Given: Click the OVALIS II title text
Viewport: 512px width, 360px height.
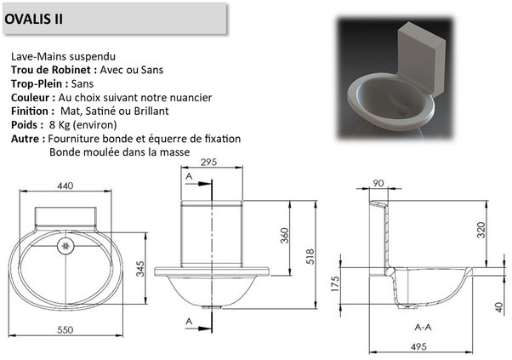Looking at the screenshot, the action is click(x=33, y=19).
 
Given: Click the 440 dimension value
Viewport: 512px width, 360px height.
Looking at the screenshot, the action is click(x=65, y=186).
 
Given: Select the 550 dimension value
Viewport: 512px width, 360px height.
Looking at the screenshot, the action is click(x=65, y=330).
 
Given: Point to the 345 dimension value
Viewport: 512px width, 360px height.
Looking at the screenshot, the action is click(x=140, y=269).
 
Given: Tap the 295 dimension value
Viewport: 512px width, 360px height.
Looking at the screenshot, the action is click(x=209, y=162).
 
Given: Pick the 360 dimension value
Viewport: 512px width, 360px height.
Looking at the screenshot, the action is click(x=285, y=236).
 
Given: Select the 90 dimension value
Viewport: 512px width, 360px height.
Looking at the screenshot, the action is click(x=378, y=183).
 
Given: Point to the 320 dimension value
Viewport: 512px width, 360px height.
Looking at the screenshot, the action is click(x=481, y=230).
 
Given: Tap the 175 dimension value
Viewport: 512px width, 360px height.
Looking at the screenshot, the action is click(x=335, y=283).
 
